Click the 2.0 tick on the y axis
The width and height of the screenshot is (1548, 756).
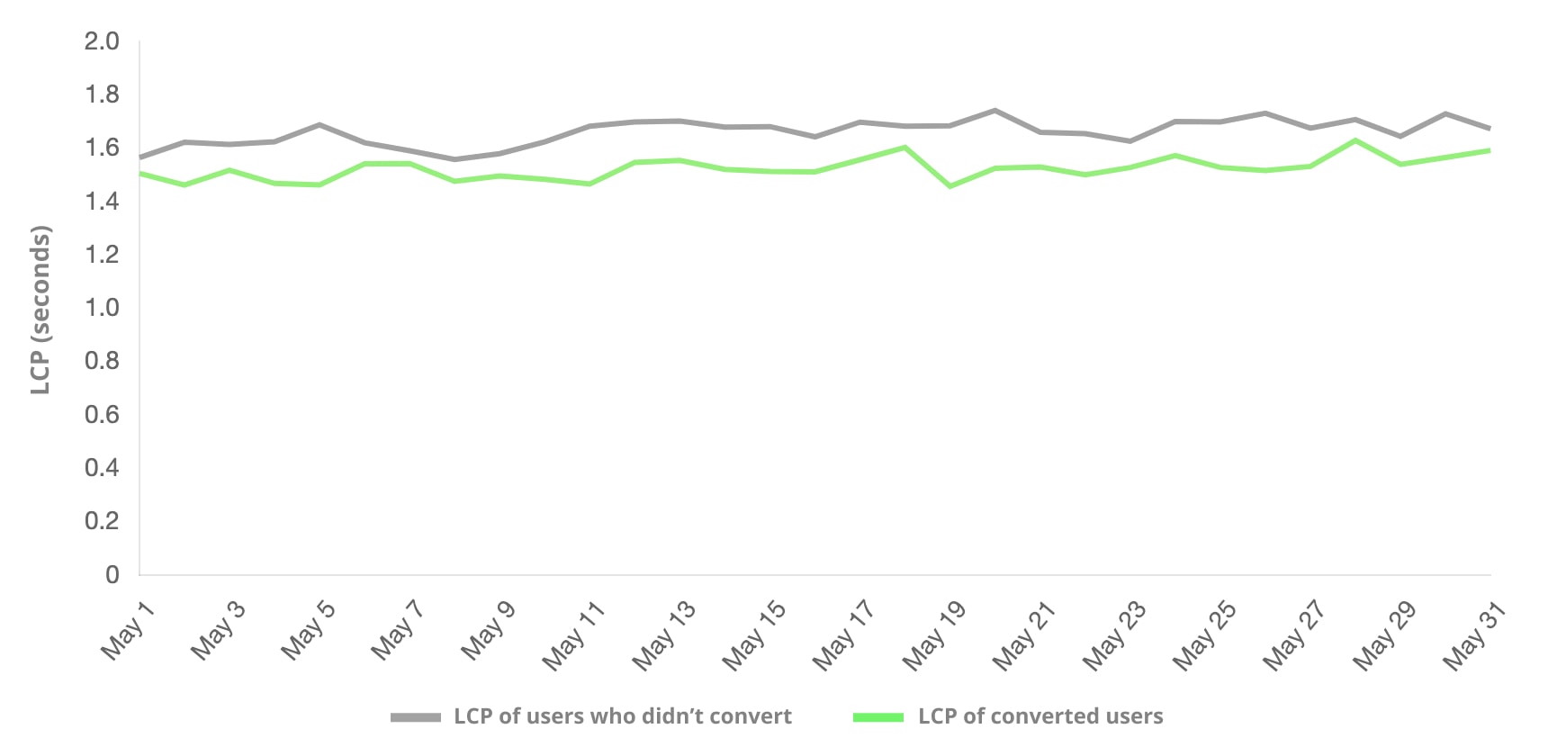(102, 41)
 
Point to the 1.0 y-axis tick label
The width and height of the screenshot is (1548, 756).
(102, 308)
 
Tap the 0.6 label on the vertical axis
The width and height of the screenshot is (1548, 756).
(102, 415)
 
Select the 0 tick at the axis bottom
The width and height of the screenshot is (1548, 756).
(112, 575)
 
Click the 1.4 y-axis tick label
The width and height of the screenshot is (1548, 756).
(102, 202)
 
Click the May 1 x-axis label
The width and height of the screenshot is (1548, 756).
(128, 632)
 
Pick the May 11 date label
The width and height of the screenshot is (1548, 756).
(572, 637)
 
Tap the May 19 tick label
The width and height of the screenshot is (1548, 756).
(933, 637)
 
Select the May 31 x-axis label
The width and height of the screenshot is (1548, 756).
(1473, 637)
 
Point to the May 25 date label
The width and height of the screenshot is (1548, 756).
(1203, 637)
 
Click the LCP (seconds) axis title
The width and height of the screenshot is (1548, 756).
(40, 310)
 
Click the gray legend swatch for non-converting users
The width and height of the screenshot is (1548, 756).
(416, 717)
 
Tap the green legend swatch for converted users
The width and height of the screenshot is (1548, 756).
(878, 717)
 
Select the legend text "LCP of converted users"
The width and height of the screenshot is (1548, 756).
(1040, 716)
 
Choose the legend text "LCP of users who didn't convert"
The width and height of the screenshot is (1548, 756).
(623, 716)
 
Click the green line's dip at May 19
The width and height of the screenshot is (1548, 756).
(950, 186)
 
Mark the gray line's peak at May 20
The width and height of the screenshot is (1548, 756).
(994, 111)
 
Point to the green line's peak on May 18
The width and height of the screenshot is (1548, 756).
(904, 148)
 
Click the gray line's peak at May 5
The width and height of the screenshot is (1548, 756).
(320, 125)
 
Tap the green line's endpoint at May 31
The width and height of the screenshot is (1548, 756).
(1489, 150)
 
